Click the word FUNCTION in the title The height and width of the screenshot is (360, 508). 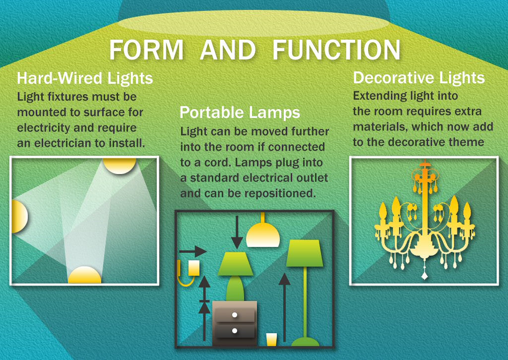coord(336,51)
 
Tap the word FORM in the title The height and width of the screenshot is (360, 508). coord(146,51)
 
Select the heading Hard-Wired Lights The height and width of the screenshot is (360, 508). coord(85,78)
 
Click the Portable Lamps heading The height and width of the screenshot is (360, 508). coord(240,112)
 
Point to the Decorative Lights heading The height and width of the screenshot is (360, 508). coord(419,78)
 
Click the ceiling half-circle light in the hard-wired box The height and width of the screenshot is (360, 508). coord(120,165)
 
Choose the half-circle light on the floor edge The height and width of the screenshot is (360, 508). coord(84,276)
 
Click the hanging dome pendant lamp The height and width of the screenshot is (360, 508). coord(263,235)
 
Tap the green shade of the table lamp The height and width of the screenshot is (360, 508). coord(236,264)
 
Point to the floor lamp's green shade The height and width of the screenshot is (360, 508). coord(305,253)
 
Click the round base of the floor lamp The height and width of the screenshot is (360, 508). coord(305,342)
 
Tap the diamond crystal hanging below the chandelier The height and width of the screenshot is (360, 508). coord(425,276)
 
